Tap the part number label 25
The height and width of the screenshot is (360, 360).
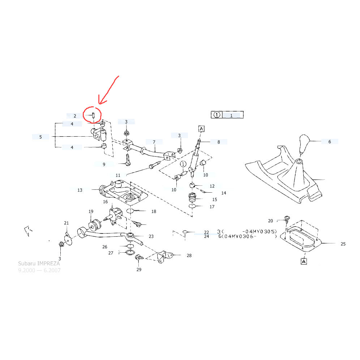pos(343,244)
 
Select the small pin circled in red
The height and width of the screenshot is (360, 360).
pos(93,115)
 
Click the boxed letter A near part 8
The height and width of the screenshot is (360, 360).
pos(201,129)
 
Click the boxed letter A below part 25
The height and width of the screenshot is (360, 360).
pos(304,261)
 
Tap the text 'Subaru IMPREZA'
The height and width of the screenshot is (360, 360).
pos(39,264)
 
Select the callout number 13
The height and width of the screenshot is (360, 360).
pos(80,190)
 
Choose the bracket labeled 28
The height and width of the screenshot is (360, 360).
pos(165,256)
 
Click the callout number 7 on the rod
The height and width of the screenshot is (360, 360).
pos(154,142)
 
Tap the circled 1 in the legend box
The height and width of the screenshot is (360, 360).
pos(217,115)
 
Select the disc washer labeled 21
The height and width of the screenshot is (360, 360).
pos(67,238)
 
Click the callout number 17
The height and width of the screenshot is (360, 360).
pos(212,207)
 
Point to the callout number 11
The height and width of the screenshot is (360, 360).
pos(118,175)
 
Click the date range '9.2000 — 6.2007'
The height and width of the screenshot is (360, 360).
pos(39,270)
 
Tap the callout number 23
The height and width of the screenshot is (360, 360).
pos(151,236)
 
